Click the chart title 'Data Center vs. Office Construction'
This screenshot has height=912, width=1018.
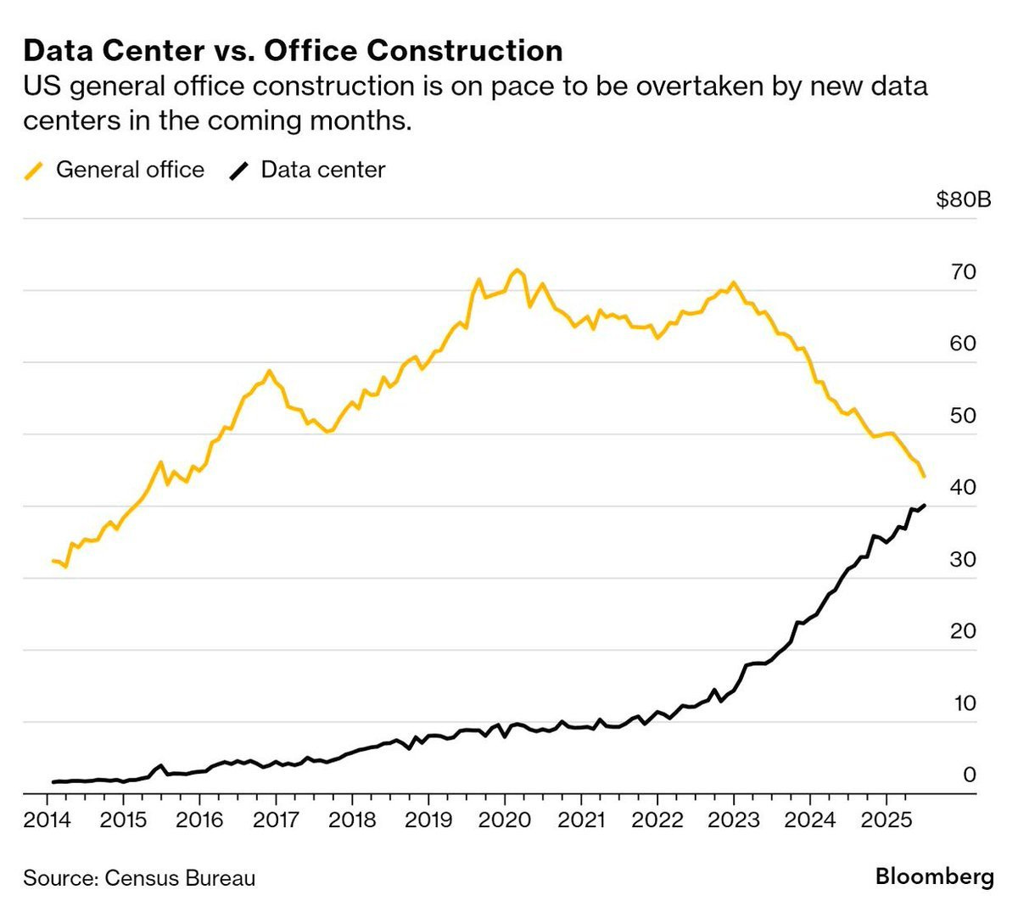tap(293, 51)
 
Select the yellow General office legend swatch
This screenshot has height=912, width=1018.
tap(34, 171)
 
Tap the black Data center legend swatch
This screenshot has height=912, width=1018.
tap(239, 171)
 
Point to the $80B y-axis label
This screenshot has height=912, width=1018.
tap(963, 200)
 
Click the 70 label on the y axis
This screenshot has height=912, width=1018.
tap(965, 272)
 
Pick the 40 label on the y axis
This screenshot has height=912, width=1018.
tap(965, 488)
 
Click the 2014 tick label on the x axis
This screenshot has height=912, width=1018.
tap(47, 820)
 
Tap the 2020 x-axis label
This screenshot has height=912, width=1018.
tap(505, 820)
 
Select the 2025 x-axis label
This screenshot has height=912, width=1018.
tap(886, 820)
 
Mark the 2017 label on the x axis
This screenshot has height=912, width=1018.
tap(276, 820)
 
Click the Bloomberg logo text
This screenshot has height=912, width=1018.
tap(934, 877)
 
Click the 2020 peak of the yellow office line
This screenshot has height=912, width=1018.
tap(516, 270)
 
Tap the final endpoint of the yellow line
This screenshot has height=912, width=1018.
tap(923, 477)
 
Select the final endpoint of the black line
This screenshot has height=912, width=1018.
tap(924, 506)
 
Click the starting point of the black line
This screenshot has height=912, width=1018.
tap(53, 782)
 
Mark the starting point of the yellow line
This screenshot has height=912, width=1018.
tap(53, 561)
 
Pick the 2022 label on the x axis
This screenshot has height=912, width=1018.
tap(657, 820)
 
